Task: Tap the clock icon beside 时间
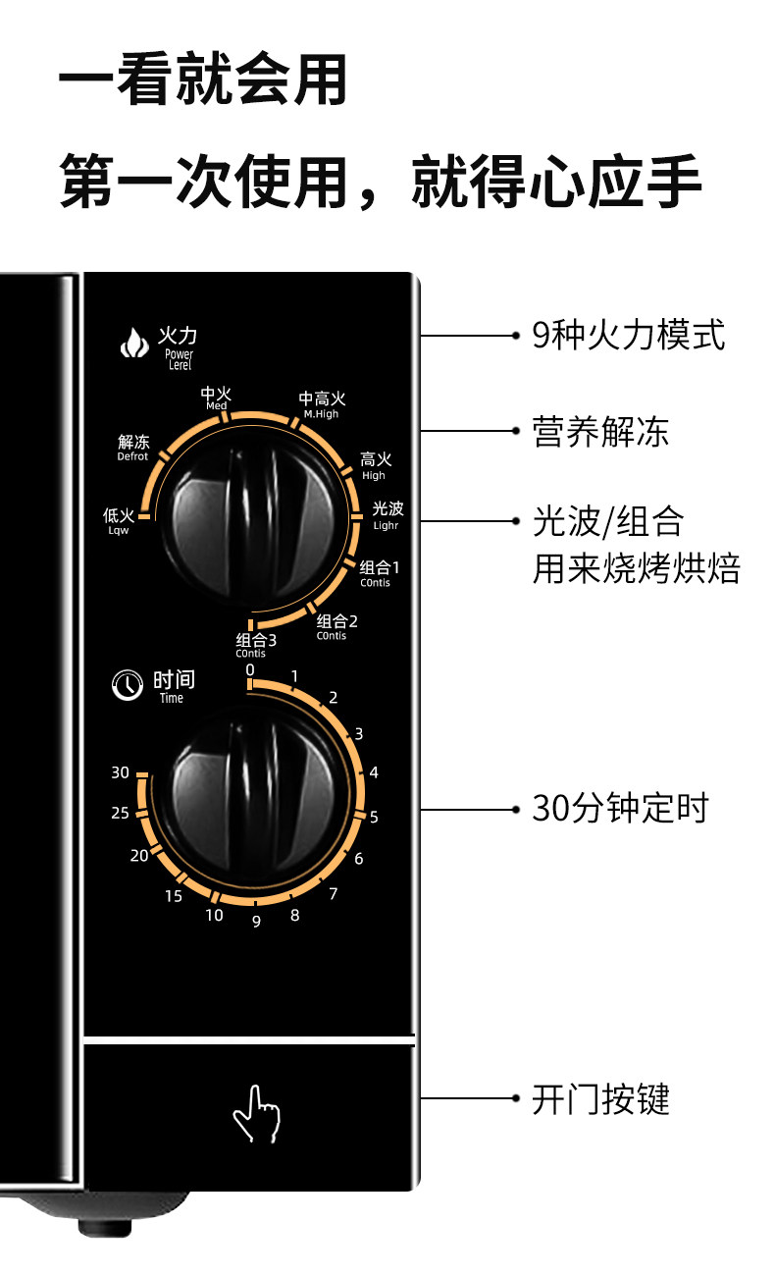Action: [127, 685]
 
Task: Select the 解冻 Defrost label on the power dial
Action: [133, 447]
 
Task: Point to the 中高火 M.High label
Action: [322, 403]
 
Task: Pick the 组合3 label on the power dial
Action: [257, 645]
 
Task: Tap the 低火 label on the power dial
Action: [119, 519]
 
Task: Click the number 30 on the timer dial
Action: [120, 772]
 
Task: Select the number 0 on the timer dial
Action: [250, 669]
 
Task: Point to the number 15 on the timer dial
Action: [173, 895]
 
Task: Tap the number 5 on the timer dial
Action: [374, 817]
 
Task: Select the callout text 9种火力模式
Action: [628, 336]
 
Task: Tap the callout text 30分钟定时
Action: [619, 809]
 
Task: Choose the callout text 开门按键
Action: [600, 1099]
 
